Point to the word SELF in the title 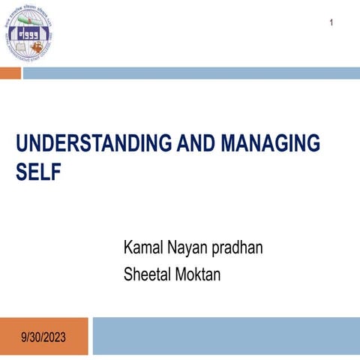pyautogui.click(x=37, y=172)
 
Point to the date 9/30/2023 pyautogui.click(x=43, y=338)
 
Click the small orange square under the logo pyautogui.click(x=10, y=73)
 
